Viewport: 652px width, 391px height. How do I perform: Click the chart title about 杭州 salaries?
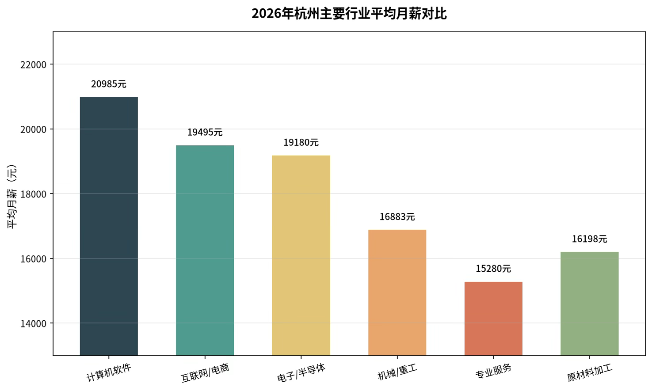pyautogui.click(x=349, y=14)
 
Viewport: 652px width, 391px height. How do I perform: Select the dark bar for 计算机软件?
pyautogui.click(x=109, y=226)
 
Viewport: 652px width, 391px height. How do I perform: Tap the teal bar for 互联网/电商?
pyautogui.click(x=205, y=251)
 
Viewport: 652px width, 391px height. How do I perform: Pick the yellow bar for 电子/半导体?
pyautogui.click(x=301, y=255)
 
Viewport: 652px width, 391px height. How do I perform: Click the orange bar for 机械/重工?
pyautogui.click(x=397, y=292)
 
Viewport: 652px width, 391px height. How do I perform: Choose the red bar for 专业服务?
pyautogui.click(x=493, y=319)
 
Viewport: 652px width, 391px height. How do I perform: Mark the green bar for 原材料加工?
pyautogui.click(x=590, y=304)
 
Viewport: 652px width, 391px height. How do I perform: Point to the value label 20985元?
pyautogui.click(x=109, y=84)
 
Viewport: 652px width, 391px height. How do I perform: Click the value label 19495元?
pyautogui.click(x=205, y=133)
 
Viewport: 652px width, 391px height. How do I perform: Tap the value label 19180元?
pyautogui.click(x=301, y=143)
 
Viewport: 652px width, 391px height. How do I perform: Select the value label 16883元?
pyautogui.click(x=397, y=217)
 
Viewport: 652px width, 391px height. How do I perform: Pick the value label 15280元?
pyautogui.click(x=493, y=269)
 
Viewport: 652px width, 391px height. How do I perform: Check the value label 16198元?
pyautogui.click(x=590, y=239)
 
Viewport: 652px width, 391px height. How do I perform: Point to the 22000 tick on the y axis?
pyautogui.click(x=34, y=65)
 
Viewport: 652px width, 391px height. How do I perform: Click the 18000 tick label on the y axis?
pyautogui.click(x=34, y=194)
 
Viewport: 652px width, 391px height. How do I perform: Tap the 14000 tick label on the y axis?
pyautogui.click(x=34, y=323)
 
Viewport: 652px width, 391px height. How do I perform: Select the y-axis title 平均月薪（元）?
pyautogui.click(x=12, y=197)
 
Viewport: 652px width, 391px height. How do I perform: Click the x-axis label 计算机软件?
pyautogui.click(x=109, y=373)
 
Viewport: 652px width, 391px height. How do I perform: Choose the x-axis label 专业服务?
pyautogui.click(x=493, y=371)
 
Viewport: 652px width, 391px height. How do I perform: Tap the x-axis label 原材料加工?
pyautogui.click(x=590, y=373)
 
